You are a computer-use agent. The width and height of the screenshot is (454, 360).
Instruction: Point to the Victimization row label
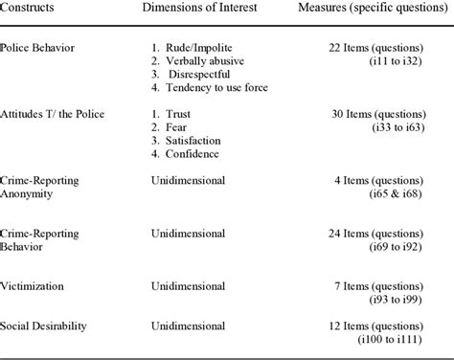[37, 285]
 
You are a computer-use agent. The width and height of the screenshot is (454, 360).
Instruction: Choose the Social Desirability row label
[45, 326]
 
